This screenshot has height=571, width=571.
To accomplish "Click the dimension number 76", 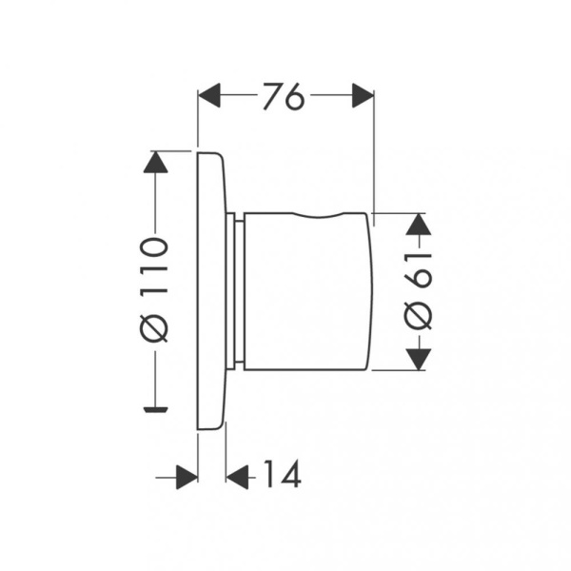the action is coord(284,96).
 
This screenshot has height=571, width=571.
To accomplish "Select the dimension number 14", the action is coord(283,473).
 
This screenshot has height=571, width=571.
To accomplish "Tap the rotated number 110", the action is coord(154,265).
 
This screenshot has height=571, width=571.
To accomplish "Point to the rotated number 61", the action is coord(419,270).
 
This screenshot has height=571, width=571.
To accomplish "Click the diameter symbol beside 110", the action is coord(154,327).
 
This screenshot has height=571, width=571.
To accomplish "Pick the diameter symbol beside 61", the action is coord(419,316).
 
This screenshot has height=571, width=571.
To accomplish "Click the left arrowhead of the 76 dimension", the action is coord(209,95).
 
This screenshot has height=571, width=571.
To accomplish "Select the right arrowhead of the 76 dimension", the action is coord(364,95).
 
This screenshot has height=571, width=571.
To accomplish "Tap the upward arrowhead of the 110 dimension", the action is coord(155,162).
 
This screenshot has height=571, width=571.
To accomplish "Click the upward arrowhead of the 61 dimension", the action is coord(419,224).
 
